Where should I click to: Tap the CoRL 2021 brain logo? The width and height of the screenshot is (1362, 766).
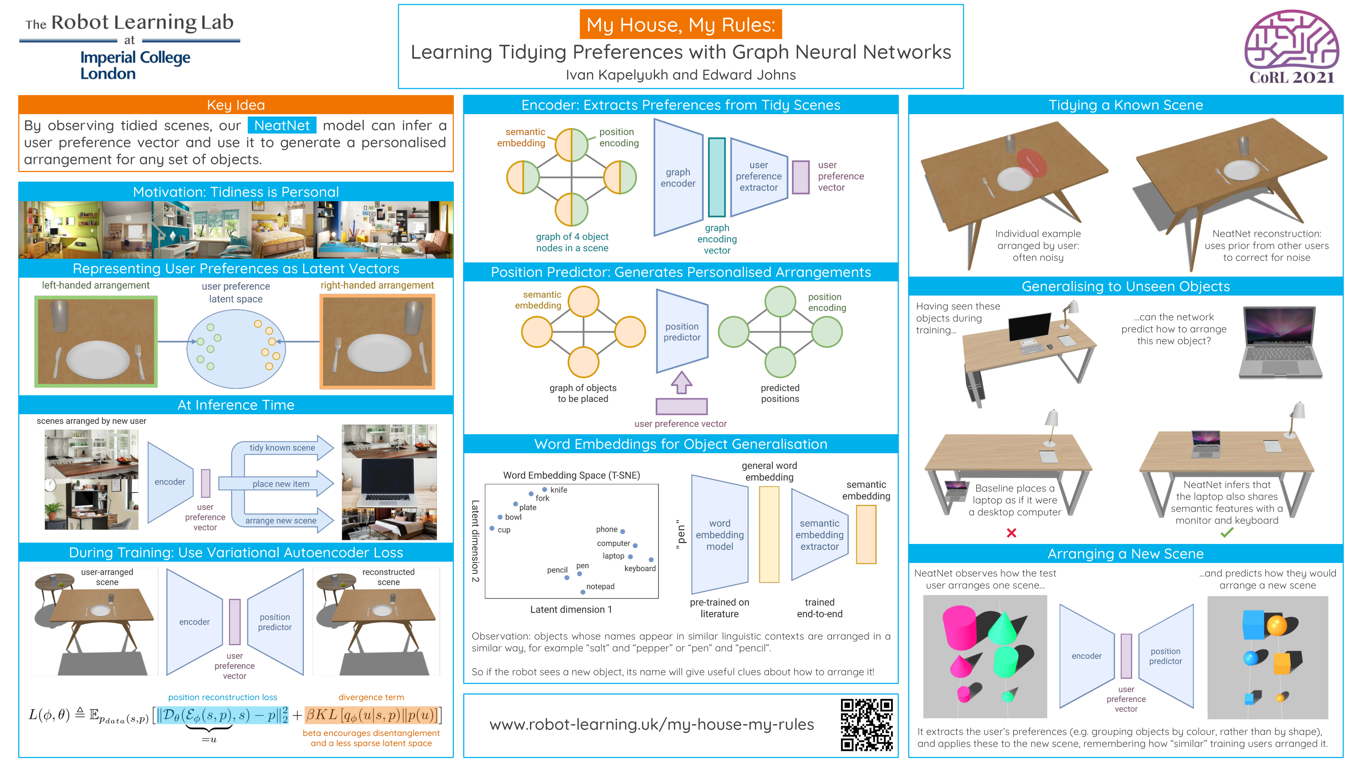coord(1291,47)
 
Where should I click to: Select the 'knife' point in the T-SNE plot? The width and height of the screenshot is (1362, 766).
coord(545,489)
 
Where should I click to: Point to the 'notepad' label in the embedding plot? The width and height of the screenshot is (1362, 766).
coord(600,586)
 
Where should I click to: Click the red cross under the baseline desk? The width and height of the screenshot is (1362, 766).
coord(1012,533)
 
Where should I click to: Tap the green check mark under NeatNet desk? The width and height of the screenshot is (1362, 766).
coord(1227,533)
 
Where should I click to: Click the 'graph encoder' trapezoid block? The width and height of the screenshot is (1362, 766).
coord(678,178)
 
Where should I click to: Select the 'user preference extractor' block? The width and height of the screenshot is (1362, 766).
coord(758,176)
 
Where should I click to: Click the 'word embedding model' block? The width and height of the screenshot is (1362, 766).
coord(719,534)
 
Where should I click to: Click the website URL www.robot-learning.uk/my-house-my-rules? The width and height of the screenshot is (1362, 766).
coord(651,724)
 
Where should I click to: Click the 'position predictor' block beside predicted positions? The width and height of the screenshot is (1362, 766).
coord(682,332)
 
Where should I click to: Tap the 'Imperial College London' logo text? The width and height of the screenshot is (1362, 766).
coord(135,65)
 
